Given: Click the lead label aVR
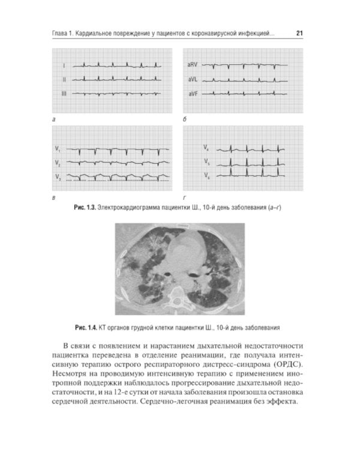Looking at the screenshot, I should pyautogui.click(x=192, y=64).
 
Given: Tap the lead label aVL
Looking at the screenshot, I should pyautogui.click(x=192, y=79).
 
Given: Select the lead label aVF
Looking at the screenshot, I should pyautogui.click(x=192, y=94).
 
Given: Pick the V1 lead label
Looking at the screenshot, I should pyautogui.click(x=58, y=148).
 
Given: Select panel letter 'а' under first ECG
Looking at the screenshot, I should pyautogui.click(x=55, y=121).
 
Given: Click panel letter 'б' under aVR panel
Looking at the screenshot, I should pyautogui.click(x=185, y=121).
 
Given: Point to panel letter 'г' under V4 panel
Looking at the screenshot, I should pyautogui.click(x=184, y=197).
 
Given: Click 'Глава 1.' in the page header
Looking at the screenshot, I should pyautogui.click(x=66, y=34).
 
